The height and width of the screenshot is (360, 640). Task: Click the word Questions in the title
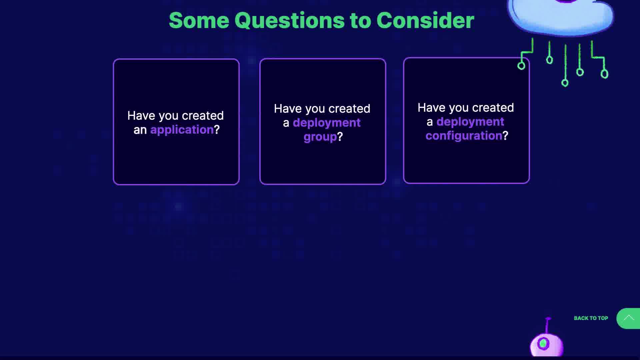coord(290,21)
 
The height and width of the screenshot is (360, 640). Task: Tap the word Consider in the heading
coord(425,20)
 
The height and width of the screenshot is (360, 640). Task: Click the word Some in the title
coord(199,20)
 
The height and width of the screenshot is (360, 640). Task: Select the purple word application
coord(182,130)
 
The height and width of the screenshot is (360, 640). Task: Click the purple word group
coord(320,137)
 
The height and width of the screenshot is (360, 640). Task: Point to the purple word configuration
coord(464,136)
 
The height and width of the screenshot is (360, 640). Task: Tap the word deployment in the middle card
coord(327,123)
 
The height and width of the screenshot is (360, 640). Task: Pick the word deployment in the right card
coord(470,122)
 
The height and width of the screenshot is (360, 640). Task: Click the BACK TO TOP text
coord(591,318)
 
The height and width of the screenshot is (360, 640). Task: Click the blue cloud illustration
coord(560,17)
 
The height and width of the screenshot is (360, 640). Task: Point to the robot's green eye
coord(543,343)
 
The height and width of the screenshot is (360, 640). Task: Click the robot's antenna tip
coord(548,319)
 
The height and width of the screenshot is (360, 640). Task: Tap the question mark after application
coord(217,130)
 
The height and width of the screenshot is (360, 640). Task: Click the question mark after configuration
coord(505,136)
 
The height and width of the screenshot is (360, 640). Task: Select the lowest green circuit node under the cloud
coord(565,83)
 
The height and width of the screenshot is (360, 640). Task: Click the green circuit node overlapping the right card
coord(521,66)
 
